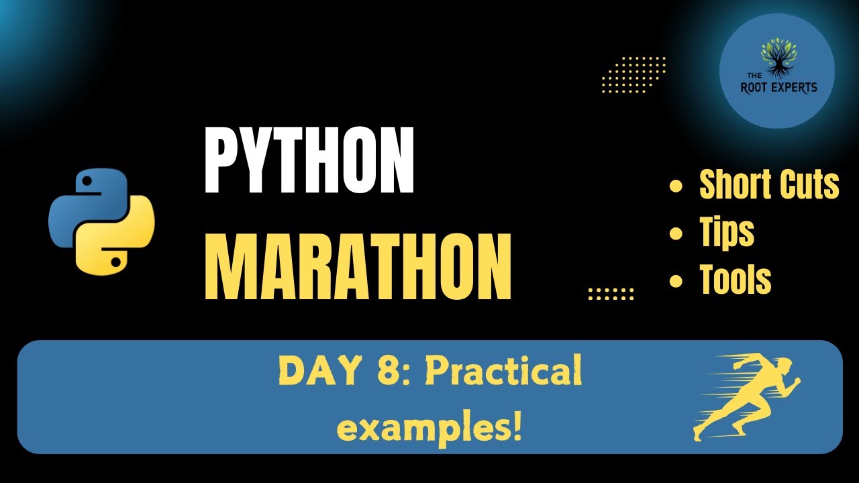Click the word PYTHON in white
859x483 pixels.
(309, 162)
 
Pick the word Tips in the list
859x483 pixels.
(727, 232)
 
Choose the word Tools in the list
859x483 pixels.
(736, 279)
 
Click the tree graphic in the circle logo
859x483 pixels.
(777, 57)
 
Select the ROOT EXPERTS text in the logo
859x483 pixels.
(781, 87)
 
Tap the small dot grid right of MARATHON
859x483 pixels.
(611, 292)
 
